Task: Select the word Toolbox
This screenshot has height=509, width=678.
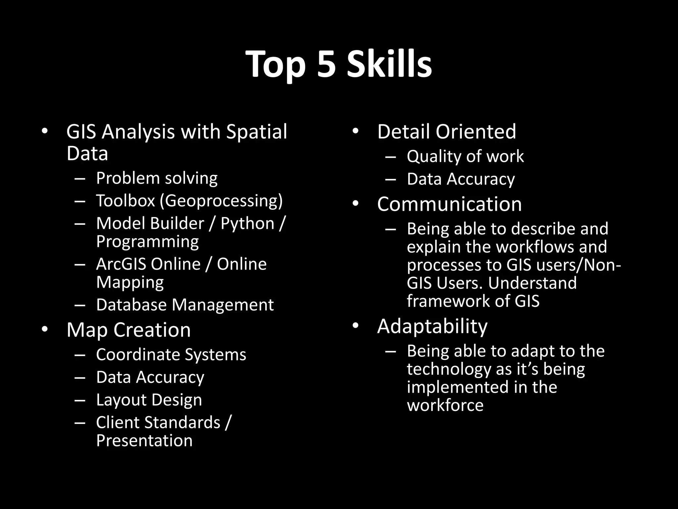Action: [x=125, y=201]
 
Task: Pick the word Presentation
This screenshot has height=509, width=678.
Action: [x=144, y=441]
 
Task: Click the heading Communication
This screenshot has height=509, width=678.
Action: [x=449, y=204]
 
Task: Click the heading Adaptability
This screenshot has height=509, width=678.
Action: [x=432, y=326]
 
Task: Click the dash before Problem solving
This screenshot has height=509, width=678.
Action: [x=80, y=179]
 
